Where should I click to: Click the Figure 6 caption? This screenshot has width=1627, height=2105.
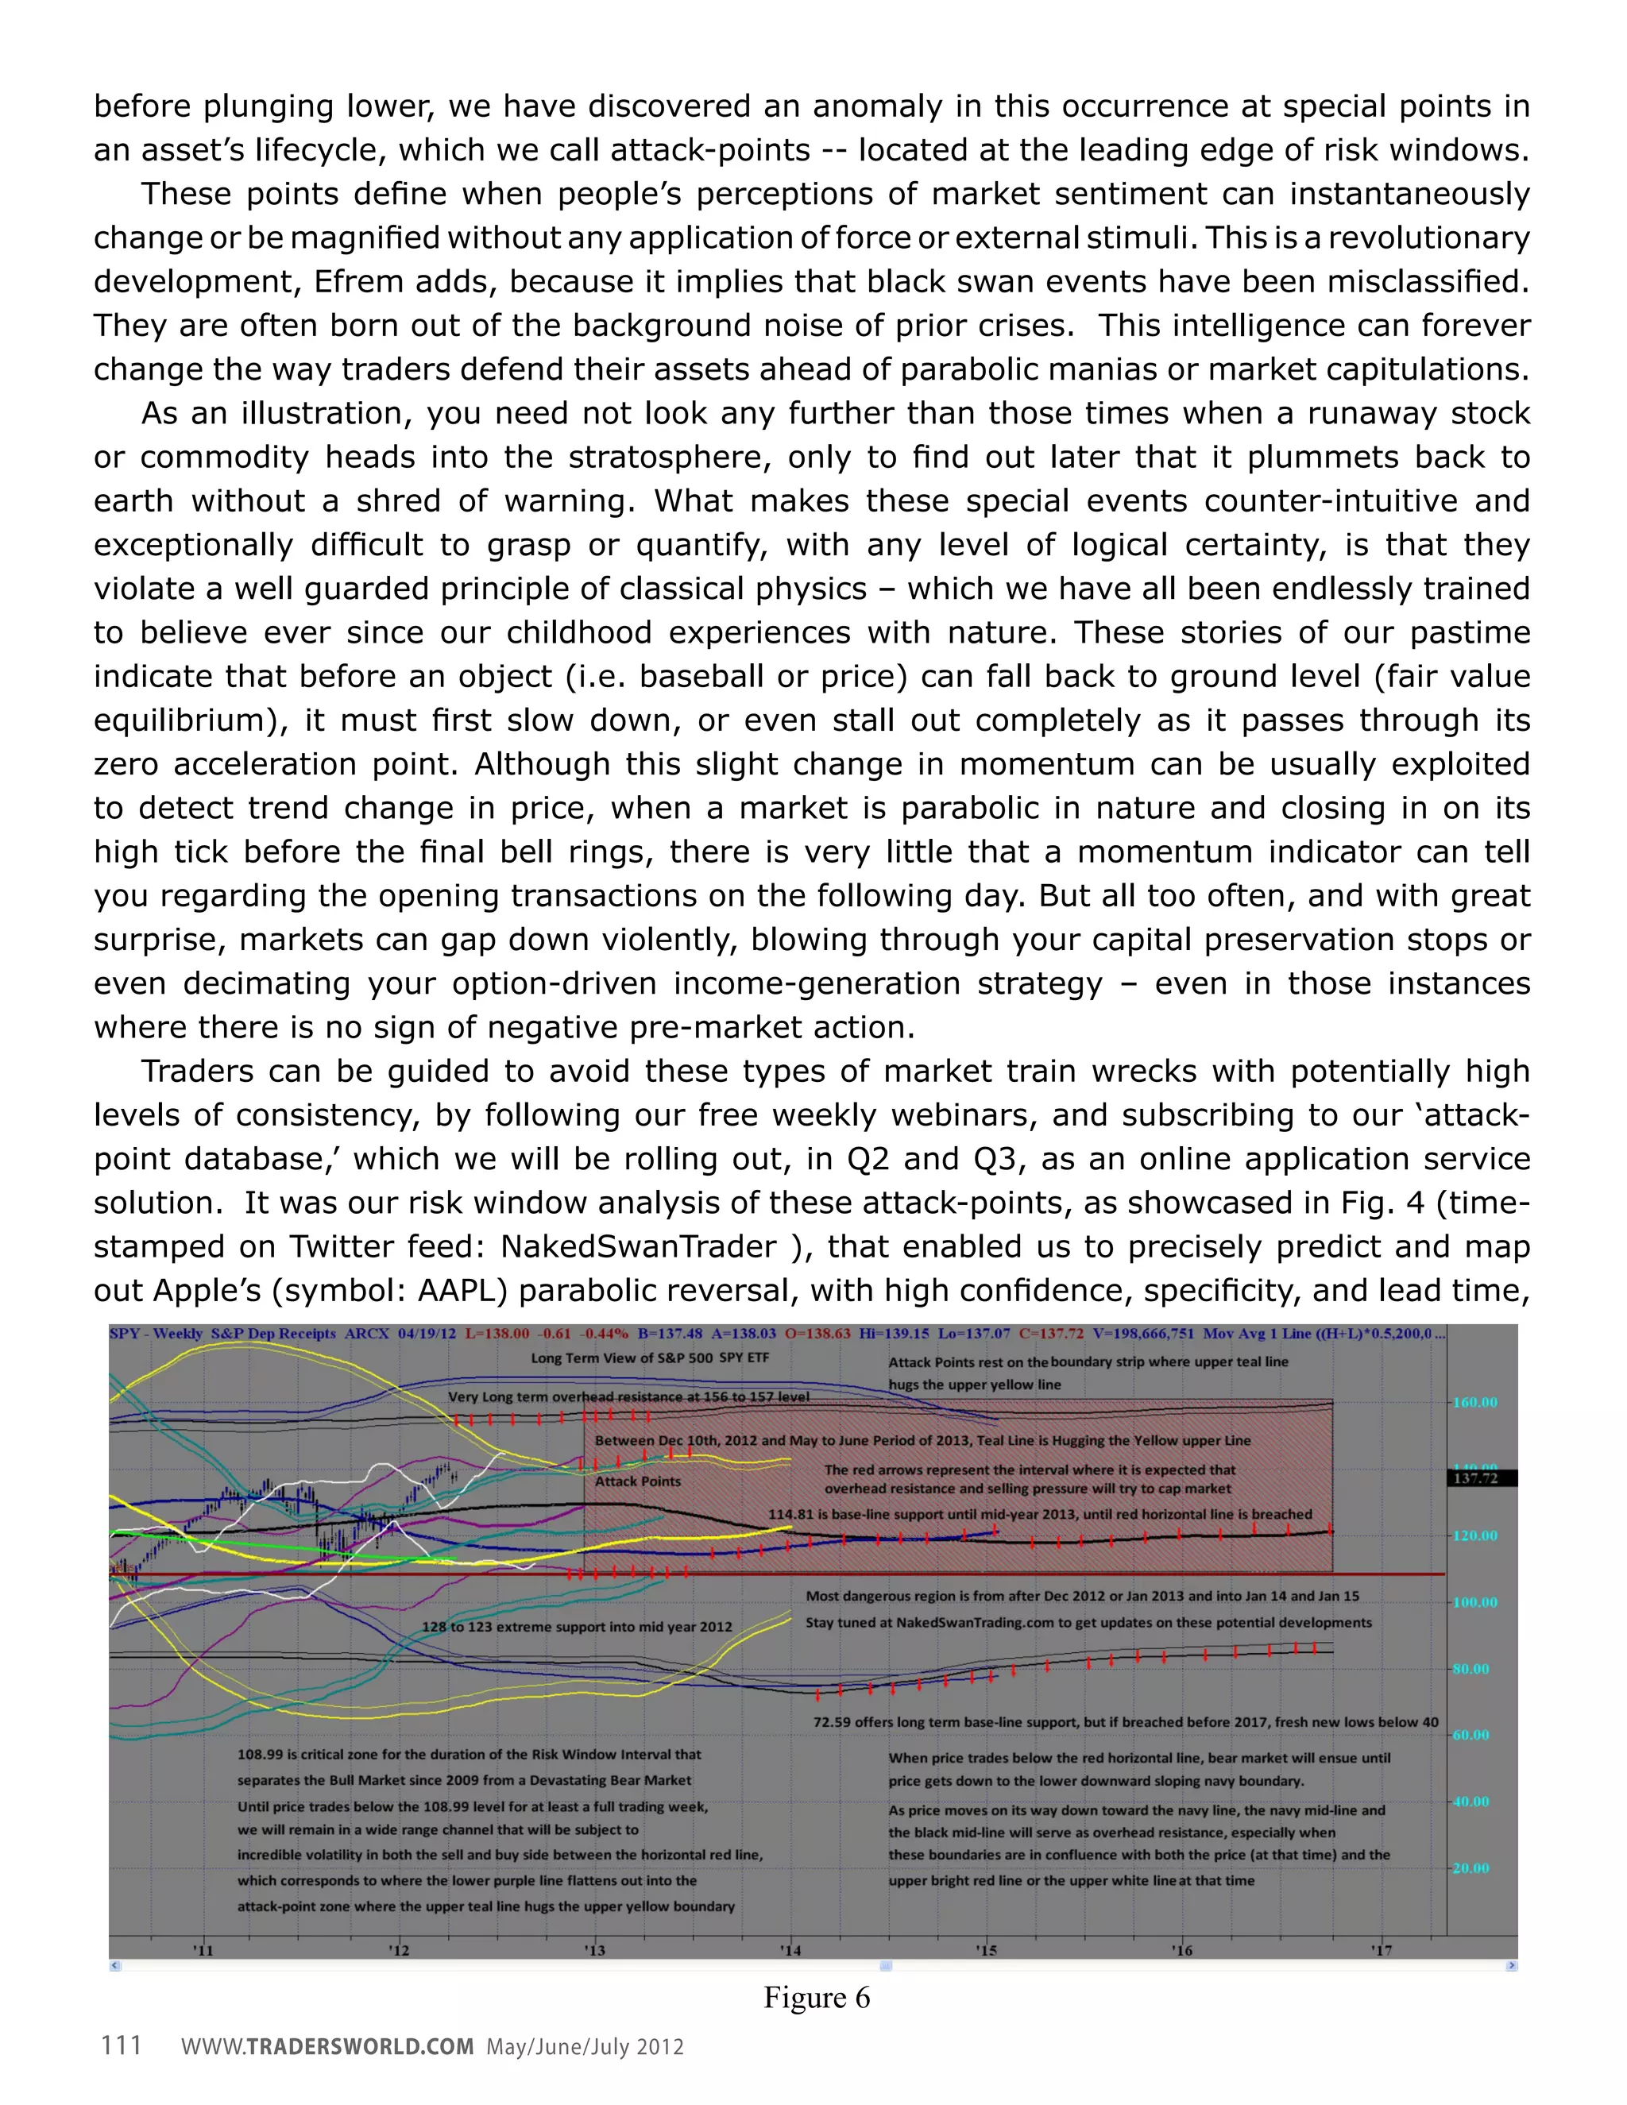click(x=817, y=1998)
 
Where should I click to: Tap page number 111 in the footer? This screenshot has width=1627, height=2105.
click(x=122, y=2045)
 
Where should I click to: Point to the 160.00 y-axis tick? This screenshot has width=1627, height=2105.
click(x=1474, y=1402)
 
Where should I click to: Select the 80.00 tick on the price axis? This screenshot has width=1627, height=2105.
click(x=1470, y=1668)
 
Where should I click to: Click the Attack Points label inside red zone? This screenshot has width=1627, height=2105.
click(x=637, y=1481)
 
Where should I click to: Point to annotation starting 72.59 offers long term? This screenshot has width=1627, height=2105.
click(x=1125, y=1721)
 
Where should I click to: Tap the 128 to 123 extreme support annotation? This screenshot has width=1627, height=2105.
click(x=577, y=1627)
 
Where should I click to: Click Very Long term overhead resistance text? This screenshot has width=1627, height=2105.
click(x=628, y=1396)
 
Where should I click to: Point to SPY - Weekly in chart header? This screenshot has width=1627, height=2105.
click(x=157, y=1334)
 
